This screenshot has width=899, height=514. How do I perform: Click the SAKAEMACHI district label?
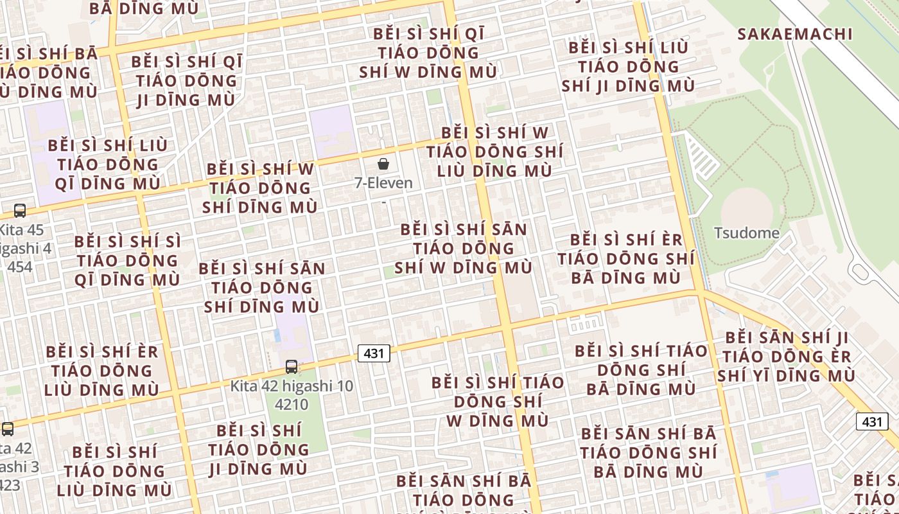click(x=794, y=34)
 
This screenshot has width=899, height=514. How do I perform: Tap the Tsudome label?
click(x=747, y=233)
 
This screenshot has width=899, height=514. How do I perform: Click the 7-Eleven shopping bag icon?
click(x=383, y=164)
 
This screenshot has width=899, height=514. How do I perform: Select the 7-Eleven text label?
click(x=383, y=183)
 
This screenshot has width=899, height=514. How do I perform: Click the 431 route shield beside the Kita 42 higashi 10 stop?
click(x=374, y=353)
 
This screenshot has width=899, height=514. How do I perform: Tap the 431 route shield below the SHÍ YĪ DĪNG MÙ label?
click(x=872, y=421)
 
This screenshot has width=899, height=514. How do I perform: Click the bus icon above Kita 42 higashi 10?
click(x=292, y=367)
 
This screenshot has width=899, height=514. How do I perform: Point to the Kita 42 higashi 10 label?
click(x=292, y=387)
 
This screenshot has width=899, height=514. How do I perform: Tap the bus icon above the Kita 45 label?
click(x=20, y=210)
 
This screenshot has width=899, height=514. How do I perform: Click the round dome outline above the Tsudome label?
click(x=747, y=207)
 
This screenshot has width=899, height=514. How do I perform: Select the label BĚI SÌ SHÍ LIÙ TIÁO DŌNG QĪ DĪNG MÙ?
click(x=107, y=164)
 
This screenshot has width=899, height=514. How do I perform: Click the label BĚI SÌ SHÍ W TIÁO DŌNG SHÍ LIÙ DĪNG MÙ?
click(x=494, y=152)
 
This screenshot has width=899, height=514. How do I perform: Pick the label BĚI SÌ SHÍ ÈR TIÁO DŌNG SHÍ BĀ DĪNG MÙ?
click(x=626, y=259)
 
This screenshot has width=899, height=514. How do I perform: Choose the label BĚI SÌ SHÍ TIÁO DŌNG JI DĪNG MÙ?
click(x=259, y=450)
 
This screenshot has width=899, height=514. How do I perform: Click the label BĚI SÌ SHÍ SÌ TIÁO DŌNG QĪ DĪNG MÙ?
click(x=127, y=261)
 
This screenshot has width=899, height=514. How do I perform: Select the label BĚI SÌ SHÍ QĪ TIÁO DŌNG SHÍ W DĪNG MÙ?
click(x=428, y=53)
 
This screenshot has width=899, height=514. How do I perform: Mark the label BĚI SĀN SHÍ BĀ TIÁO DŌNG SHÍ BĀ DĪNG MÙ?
click(x=648, y=452)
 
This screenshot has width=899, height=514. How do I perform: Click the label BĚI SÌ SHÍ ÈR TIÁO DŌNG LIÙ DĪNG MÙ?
click(x=101, y=371)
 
